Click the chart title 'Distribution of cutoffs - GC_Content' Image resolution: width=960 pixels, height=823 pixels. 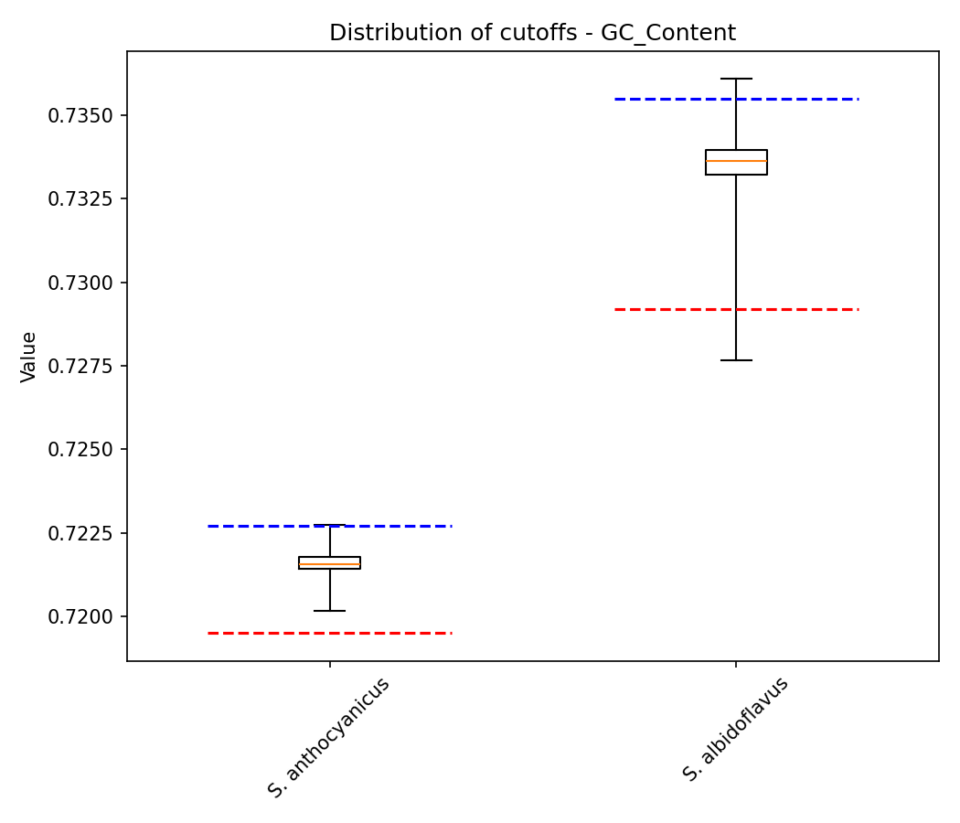pyautogui.click(x=532, y=33)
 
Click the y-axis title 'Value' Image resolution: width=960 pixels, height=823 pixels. pyautogui.click(x=28, y=357)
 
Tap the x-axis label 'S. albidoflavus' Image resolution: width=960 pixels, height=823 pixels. pyautogui.click(x=736, y=729)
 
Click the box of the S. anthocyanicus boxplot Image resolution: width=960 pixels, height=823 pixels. pyautogui.click(x=329, y=562)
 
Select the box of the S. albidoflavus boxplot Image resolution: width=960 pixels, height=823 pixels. pyautogui.click(x=736, y=162)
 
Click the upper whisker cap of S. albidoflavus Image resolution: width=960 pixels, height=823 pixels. pyautogui.click(x=736, y=79)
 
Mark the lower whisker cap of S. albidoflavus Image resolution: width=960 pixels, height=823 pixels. pyautogui.click(x=736, y=360)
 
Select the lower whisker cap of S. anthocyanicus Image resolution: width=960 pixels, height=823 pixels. pyautogui.click(x=329, y=610)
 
